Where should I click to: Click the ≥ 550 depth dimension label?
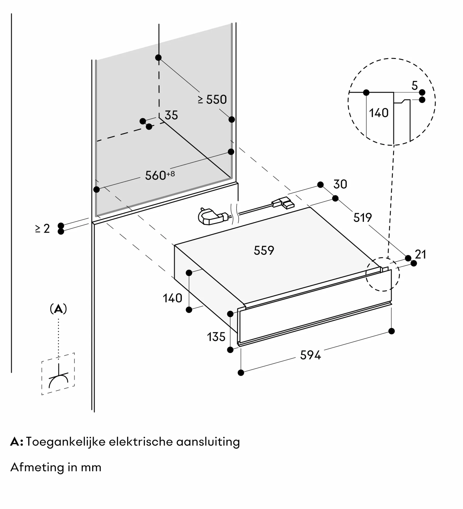(x=212, y=100)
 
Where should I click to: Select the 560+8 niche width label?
(x=160, y=175)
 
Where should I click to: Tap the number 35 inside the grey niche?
(x=171, y=115)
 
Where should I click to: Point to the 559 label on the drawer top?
(x=264, y=250)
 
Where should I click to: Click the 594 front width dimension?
(x=310, y=355)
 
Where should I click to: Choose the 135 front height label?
(x=216, y=337)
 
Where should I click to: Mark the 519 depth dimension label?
(x=362, y=218)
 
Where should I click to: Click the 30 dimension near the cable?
(x=340, y=184)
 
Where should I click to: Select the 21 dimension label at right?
(x=420, y=254)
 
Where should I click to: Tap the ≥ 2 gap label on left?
(x=43, y=229)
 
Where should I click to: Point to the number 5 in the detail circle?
(x=415, y=86)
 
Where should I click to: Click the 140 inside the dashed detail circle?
(x=379, y=113)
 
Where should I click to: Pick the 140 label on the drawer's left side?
(x=173, y=298)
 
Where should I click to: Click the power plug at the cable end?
(x=211, y=217)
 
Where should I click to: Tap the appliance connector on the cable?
(x=283, y=203)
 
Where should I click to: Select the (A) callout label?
(x=58, y=309)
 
